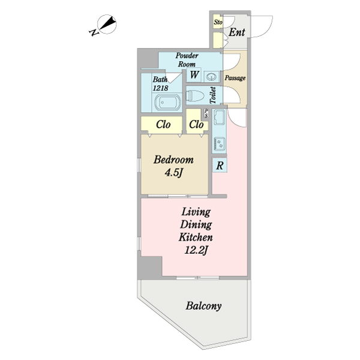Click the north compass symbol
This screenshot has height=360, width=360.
point(104,25)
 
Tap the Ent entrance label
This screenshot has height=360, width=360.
point(237,32)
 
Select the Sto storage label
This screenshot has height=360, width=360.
point(218,22)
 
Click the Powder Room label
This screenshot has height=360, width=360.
point(187,59)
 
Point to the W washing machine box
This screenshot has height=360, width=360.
point(194,74)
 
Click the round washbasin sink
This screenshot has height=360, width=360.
point(211,77)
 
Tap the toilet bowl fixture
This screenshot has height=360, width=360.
point(195,95)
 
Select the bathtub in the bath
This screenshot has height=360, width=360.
point(167,103)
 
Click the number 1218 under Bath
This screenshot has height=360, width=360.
point(160,88)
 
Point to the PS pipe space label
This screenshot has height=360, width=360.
point(206,113)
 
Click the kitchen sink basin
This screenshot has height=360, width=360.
point(219,117)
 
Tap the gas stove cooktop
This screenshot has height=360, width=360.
point(219,143)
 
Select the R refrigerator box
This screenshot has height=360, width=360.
point(220,165)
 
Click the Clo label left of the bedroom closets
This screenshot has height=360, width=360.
point(163,124)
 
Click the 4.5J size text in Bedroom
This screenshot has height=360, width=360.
point(173,173)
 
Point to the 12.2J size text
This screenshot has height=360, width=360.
point(196,250)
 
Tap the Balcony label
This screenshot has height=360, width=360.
point(203,306)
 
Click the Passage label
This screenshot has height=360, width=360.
point(235,78)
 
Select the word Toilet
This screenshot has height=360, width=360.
point(213,95)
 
